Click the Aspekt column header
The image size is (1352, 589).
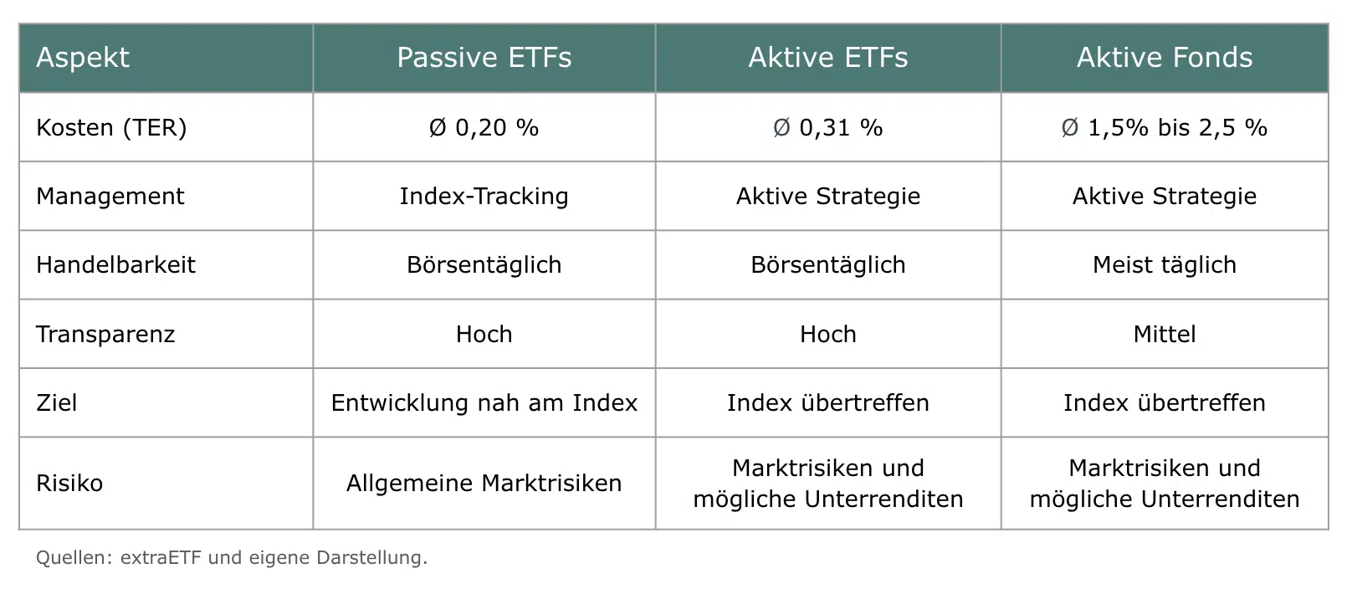point(83,58)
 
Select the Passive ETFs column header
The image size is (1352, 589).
point(484,58)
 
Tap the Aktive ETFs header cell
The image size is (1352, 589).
point(828,58)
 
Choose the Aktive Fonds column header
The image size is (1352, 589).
point(1165,58)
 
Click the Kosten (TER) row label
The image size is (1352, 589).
point(111,128)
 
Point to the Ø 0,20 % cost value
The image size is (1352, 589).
point(484,128)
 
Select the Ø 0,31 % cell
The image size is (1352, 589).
point(828,128)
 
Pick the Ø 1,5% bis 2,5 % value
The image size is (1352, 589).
point(1165,128)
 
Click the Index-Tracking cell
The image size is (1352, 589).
point(484,197)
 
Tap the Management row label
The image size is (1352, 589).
point(110,197)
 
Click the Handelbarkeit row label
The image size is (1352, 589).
point(116,265)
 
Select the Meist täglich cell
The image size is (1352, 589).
point(1165,265)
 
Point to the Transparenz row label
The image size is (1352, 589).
point(105,335)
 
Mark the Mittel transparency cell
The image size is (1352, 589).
point(1165,335)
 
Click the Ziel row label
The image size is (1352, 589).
point(57,403)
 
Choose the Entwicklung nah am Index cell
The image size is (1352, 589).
point(484,403)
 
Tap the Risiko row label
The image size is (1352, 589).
point(69,484)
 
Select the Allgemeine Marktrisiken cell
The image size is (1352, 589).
point(484,484)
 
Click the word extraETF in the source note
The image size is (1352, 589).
point(161,557)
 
